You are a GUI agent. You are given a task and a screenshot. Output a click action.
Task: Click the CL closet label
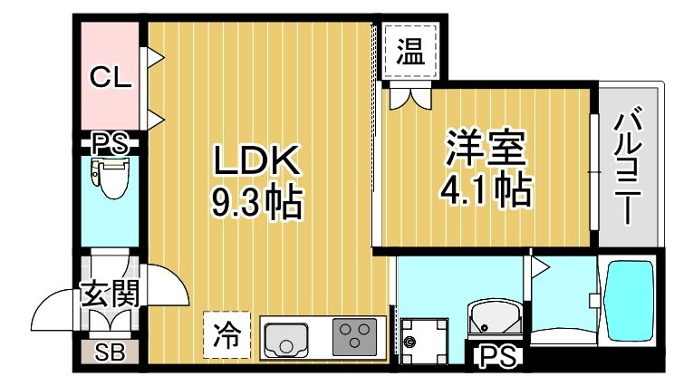coord(111,77)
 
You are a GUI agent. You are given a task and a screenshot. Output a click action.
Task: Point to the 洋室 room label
coord(486,148)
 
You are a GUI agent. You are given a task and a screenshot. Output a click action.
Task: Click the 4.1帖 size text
coord(486,189)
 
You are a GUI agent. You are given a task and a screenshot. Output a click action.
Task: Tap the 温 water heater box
coord(410,51)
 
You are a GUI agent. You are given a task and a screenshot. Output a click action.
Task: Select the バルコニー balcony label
coord(627,165)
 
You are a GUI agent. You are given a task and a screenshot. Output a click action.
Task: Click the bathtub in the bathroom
coord(628,299)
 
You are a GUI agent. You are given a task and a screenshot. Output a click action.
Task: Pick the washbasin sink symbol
coord(495,319)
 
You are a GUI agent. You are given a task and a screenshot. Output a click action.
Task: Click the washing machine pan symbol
coord(423,341)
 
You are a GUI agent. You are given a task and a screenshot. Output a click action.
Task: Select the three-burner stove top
coord(355,337)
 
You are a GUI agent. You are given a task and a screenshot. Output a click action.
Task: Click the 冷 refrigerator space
coord(227,334)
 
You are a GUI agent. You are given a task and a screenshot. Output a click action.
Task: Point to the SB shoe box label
coord(110,352)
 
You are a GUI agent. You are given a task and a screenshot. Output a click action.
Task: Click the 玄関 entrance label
coord(110,294)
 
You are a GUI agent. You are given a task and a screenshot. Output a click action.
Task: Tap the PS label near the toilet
coord(110,143)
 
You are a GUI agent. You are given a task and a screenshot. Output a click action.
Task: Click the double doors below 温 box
coord(409,98)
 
